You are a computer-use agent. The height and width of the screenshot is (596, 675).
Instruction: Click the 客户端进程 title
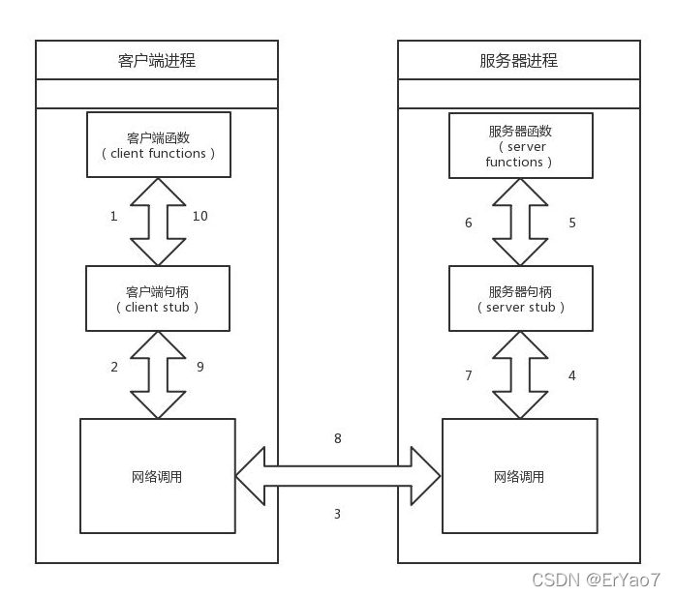point(156,60)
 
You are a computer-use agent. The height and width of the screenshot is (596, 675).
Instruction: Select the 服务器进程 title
point(518,60)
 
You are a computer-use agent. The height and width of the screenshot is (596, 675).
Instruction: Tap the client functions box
point(159,145)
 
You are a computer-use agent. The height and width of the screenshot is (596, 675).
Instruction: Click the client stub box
point(159,299)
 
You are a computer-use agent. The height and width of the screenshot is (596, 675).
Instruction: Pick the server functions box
point(520,146)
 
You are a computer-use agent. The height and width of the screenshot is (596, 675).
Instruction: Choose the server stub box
point(520,299)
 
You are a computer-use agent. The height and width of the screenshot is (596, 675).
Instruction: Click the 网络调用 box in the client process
point(157,476)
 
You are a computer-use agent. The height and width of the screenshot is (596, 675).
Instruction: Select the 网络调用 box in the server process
point(519,476)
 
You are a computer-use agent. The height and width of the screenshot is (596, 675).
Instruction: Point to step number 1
point(113,216)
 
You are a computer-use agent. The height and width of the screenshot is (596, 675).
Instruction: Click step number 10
point(199,216)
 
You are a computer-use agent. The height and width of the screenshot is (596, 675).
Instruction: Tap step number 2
point(114,367)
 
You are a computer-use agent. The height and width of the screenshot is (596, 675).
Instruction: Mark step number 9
point(199,367)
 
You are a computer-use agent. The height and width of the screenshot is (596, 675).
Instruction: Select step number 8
point(337,438)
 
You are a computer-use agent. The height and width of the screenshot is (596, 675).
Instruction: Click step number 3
point(337,514)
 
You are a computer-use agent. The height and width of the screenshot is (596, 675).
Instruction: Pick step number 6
point(469,223)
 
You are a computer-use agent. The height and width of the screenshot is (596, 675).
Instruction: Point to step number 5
point(571,223)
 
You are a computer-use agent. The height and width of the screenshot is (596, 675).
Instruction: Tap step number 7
point(469,374)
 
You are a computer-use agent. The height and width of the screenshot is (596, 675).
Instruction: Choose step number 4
point(571,374)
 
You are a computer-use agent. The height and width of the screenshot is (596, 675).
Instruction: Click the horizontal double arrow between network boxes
point(338,476)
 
